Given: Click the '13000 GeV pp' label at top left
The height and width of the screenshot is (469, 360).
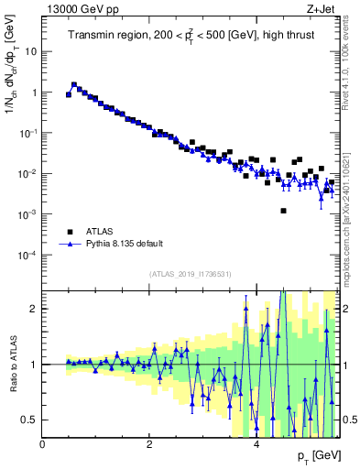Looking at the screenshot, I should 74,9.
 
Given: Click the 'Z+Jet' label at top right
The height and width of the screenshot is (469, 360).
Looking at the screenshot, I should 322,9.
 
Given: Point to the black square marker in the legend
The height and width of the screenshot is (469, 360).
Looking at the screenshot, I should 70,232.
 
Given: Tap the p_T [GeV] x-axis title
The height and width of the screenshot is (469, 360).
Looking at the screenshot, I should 311,455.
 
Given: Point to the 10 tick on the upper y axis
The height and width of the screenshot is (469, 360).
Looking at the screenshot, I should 31,51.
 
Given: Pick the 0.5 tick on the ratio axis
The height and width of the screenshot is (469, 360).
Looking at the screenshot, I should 31,420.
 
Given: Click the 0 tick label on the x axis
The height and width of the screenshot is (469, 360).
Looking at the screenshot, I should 42,444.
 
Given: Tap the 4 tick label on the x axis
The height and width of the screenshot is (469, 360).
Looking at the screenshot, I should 256,444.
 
